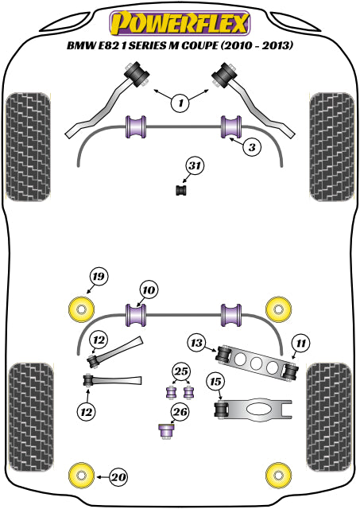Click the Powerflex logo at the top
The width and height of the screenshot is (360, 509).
point(180,23)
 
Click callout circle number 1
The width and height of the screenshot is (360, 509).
point(180,103)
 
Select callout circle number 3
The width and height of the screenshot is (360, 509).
point(252,147)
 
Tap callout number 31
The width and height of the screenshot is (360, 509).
point(195,166)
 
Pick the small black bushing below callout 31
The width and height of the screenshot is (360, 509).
point(182,190)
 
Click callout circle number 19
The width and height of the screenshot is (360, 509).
point(99,277)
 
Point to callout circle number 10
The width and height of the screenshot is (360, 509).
point(149,289)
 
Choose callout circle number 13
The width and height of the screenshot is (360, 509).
point(197,343)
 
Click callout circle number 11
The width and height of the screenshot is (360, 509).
point(300,343)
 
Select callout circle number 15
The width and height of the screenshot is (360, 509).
point(215,382)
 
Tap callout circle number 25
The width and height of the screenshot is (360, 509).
point(181,371)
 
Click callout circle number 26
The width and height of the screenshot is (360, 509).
point(180,412)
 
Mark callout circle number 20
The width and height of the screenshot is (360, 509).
point(118,477)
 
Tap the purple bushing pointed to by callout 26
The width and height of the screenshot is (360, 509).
point(168,431)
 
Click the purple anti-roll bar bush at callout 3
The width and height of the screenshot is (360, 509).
point(231,126)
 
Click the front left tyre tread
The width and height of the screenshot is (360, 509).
point(29,147)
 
